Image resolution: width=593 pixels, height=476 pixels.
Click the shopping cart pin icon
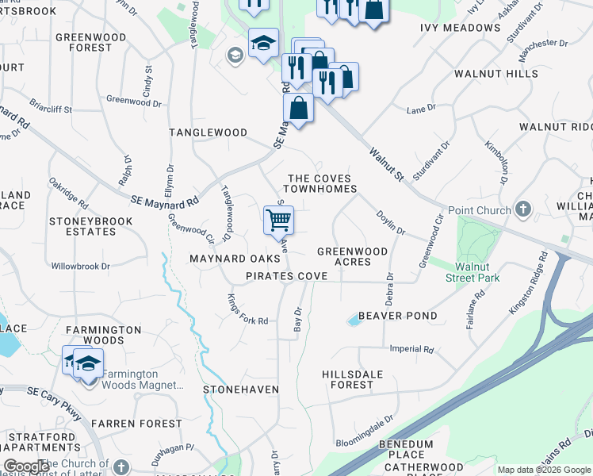coord(278,220)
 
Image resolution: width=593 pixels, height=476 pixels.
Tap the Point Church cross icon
coord(522,209)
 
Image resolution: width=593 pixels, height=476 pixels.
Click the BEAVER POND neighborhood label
coord(398,316)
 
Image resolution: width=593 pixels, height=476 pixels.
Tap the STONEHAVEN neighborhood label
coord(241,390)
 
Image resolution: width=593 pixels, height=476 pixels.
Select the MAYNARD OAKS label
coord(235,259)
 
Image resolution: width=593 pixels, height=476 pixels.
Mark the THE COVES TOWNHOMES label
coord(321,184)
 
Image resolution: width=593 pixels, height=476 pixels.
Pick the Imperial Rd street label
coord(411,349)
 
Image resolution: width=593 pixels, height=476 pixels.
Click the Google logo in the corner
coord(26,466)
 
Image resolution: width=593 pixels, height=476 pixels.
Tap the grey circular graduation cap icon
coord(235,55)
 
